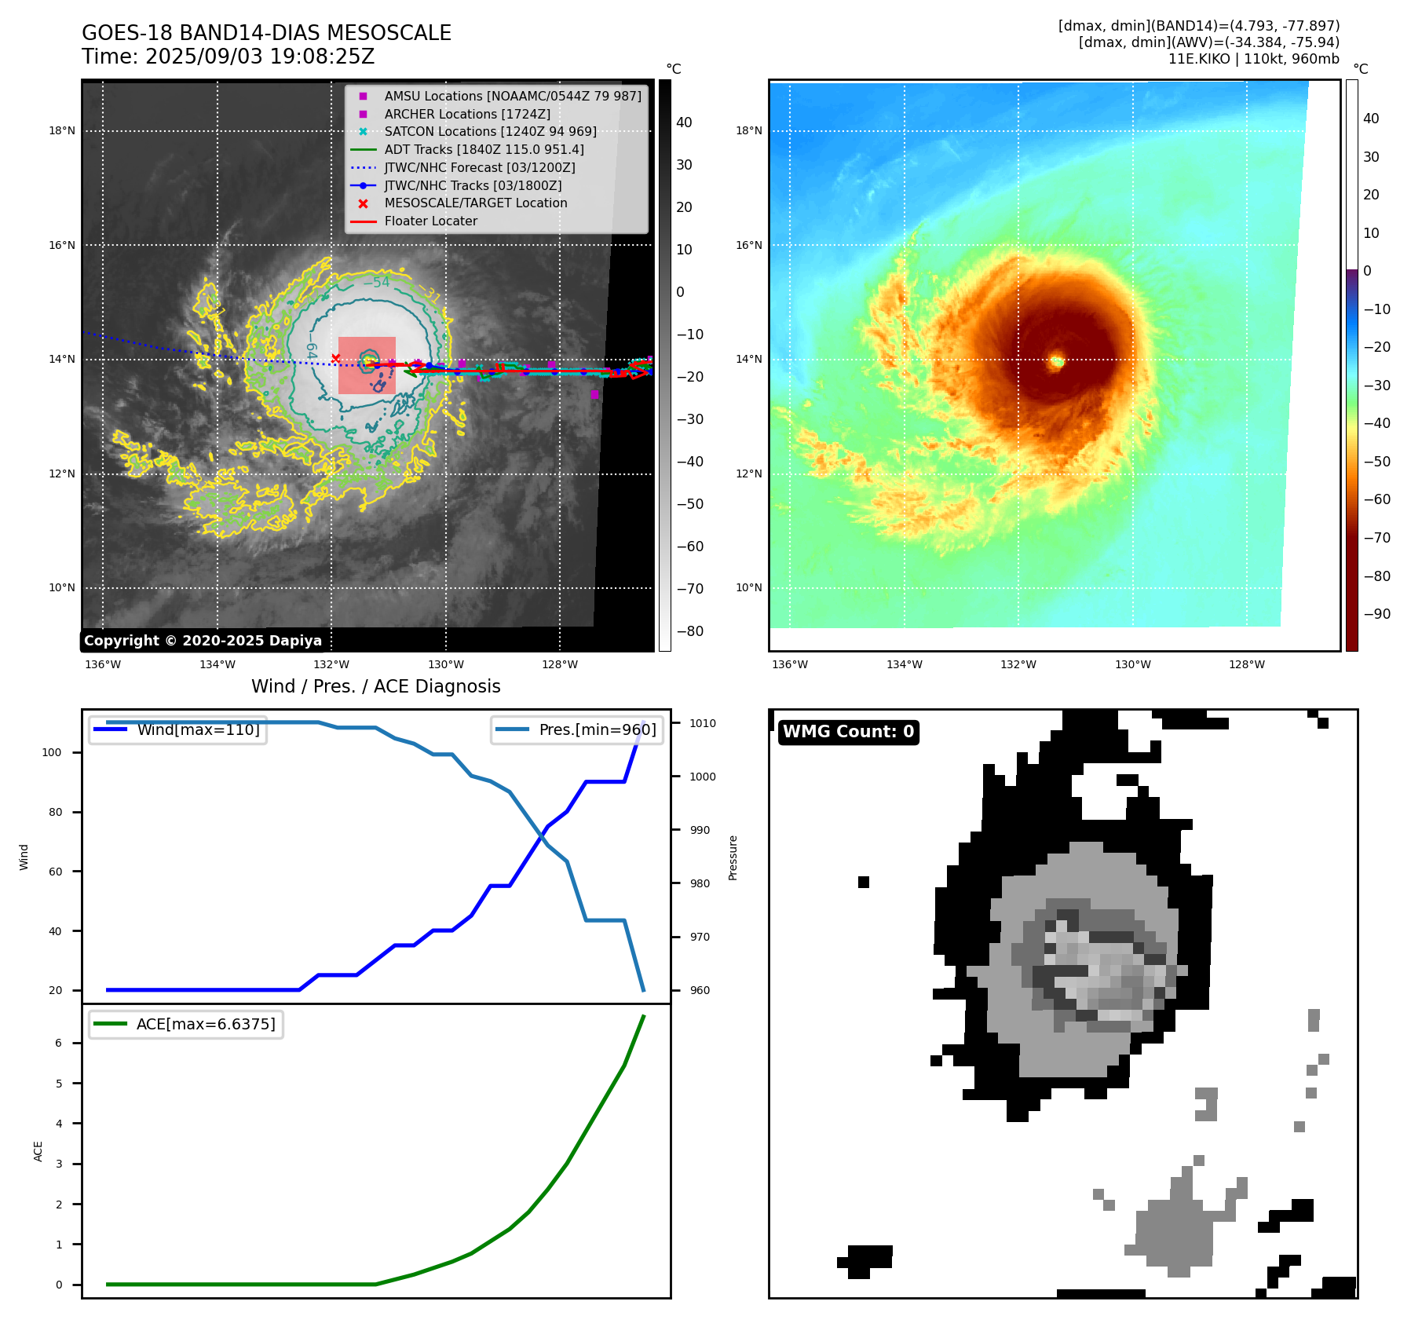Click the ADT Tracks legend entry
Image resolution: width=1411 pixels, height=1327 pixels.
coord(484,149)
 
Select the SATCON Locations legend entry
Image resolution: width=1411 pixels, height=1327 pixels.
coord(490,131)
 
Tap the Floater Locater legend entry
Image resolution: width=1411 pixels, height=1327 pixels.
coord(430,221)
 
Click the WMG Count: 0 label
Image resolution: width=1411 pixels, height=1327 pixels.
coord(848,732)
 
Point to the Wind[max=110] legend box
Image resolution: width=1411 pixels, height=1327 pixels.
coord(177,729)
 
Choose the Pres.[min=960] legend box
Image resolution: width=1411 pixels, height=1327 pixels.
coord(576,729)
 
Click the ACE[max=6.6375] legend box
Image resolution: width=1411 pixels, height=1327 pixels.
coord(186,1024)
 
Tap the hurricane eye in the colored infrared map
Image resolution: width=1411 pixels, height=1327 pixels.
coord(1057,361)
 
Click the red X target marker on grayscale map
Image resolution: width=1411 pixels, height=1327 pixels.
coord(336,358)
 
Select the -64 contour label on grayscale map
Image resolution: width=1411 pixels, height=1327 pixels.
coord(311,350)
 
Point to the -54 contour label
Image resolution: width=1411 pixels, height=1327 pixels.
coord(376,283)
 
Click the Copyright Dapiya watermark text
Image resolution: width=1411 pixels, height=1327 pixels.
coord(203,641)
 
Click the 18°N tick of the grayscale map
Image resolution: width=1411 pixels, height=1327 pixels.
coord(62,130)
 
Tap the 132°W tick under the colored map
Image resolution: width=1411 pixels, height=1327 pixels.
coord(1018,664)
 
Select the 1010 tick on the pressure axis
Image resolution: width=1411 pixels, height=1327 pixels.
coord(703,723)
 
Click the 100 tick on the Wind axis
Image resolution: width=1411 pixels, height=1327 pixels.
coord(52,752)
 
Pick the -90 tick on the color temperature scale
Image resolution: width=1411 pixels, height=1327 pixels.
coord(1376,614)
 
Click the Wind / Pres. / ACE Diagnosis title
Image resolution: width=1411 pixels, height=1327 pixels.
coord(375,686)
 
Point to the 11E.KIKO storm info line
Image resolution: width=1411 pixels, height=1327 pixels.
coord(1253,59)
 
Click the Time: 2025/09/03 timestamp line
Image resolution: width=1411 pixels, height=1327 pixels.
coord(228,57)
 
